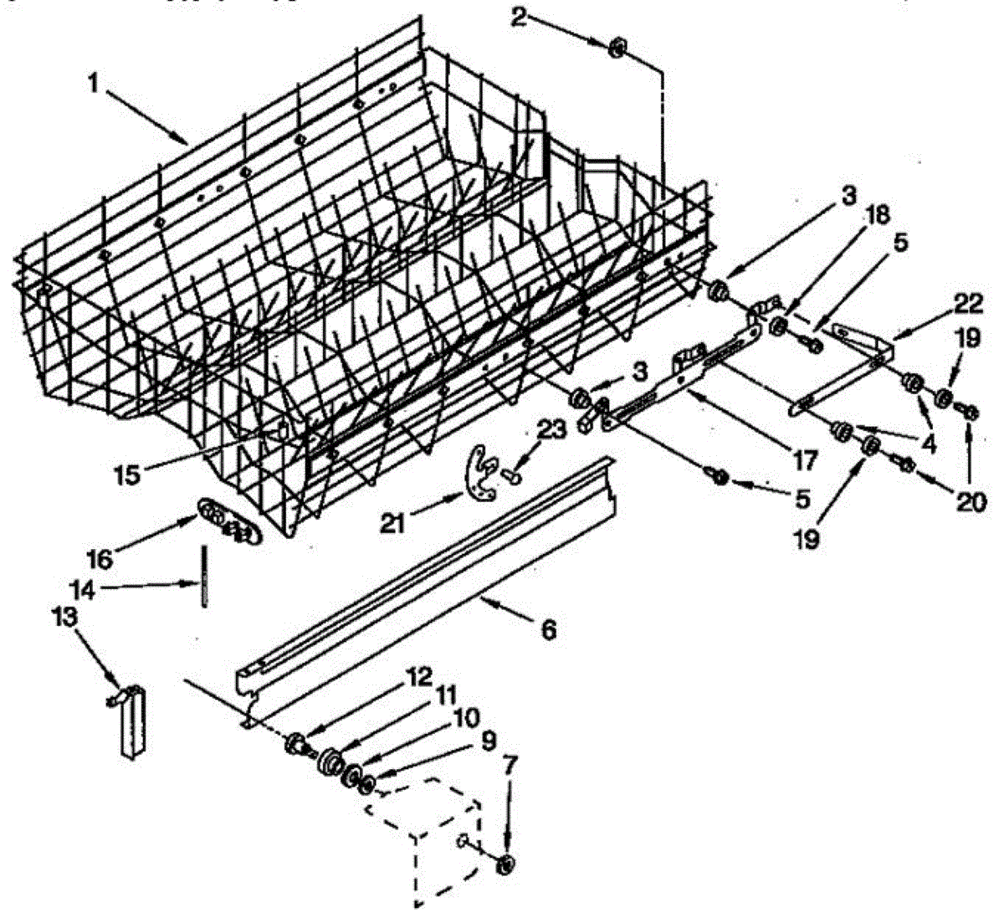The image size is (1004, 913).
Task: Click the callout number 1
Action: pyautogui.click(x=98, y=85)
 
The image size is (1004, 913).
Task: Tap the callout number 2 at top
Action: pyautogui.click(x=520, y=16)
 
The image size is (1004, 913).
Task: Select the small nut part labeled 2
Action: pyautogui.click(x=618, y=49)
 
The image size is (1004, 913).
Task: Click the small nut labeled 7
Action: pyautogui.click(x=506, y=864)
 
